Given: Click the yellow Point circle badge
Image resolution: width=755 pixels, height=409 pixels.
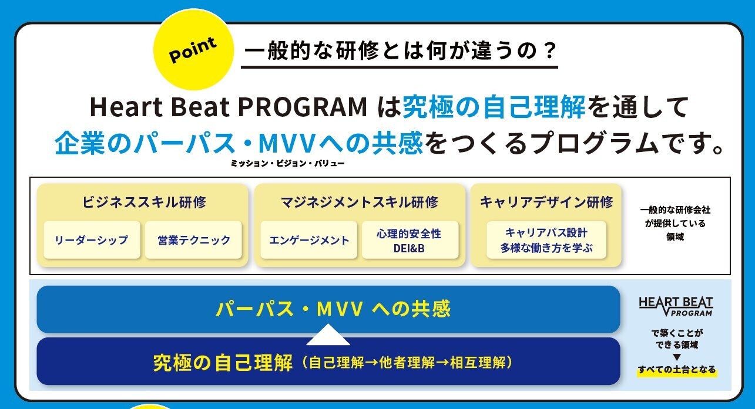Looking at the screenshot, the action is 193,50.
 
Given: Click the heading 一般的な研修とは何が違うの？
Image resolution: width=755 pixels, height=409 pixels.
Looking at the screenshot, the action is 400,51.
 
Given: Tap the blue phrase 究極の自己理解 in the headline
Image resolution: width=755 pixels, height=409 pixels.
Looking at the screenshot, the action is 494,107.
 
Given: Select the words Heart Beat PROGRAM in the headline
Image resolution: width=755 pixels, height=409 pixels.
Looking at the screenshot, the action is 228,107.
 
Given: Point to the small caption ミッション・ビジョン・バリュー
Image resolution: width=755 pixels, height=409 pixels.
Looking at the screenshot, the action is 287,164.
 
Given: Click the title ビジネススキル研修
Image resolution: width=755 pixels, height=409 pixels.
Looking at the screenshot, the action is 144,202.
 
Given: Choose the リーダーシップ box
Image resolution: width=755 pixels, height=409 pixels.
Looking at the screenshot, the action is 92,239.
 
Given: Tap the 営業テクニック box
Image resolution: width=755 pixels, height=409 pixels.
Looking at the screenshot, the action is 193,239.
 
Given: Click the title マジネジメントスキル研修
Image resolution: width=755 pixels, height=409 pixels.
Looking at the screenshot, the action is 360,202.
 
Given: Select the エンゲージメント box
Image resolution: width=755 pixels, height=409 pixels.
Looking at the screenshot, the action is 308,239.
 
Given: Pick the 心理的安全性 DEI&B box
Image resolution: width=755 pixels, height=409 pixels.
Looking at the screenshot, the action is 410,239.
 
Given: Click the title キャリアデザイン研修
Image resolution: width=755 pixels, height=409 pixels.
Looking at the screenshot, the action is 546,202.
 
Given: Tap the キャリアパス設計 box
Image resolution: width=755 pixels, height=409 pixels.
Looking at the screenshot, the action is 546,239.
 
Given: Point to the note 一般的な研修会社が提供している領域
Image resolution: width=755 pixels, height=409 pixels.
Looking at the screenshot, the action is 675,223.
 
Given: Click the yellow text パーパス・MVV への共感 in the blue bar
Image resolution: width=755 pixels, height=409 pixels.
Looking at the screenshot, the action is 333,309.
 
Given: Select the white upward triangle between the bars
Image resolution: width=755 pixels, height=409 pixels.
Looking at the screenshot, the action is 328,334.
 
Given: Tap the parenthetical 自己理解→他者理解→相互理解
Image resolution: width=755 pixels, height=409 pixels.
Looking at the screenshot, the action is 407,363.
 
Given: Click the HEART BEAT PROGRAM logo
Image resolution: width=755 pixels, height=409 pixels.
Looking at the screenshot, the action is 676,306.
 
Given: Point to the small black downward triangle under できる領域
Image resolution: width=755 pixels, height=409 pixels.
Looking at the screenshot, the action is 676,357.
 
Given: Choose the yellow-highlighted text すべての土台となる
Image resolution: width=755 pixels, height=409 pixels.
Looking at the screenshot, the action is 676,370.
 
